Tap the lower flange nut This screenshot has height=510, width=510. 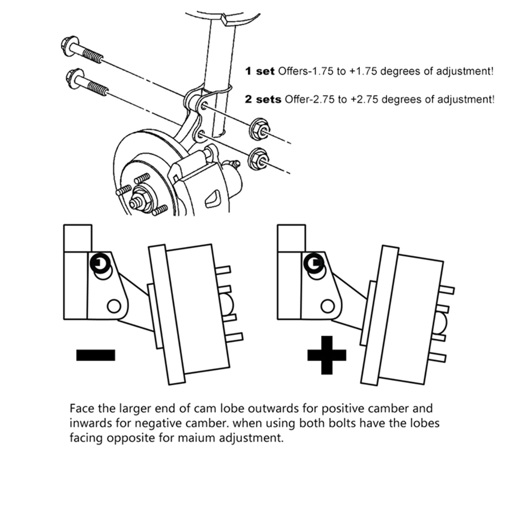coord(258,159)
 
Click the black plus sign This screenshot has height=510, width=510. coord(326,355)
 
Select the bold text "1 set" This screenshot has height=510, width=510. coord(259,71)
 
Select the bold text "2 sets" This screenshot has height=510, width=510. coord(263,99)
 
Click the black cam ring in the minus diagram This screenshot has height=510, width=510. coord(100,263)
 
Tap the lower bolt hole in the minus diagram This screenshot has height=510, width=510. coord(114,306)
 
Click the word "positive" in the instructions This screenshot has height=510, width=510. coord(343,408)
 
